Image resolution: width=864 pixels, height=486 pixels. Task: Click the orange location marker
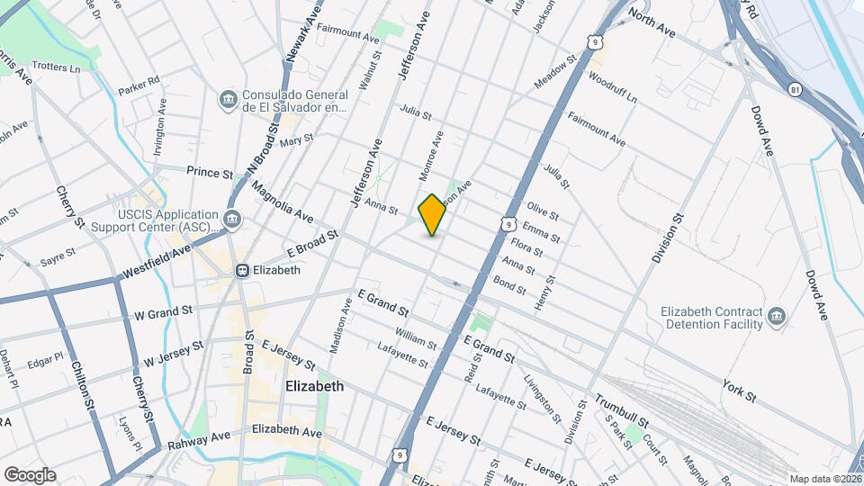click(x=432, y=214)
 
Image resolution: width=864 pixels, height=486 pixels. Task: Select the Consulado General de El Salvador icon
click(x=228, y=98)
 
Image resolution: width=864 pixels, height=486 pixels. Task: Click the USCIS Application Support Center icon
click(x=232, y=219)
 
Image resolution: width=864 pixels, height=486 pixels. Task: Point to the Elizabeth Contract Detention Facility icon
click(x=776, y=317)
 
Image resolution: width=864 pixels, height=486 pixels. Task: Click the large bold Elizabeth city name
click(x=314, y=386)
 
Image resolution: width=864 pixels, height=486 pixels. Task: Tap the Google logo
click(x=30, y=474)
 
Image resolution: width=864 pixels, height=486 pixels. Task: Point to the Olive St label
click(x=543, y=212)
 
